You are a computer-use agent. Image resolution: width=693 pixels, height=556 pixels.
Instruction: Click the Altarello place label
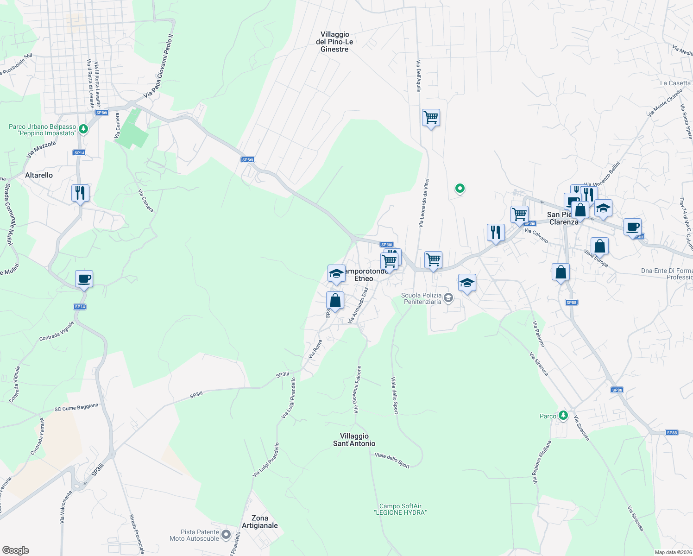[x=39, y=175]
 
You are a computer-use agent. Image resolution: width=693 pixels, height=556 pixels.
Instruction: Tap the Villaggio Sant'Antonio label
[x=354, y=440]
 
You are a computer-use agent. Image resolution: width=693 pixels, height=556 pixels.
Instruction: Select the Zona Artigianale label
[x=260, y=522]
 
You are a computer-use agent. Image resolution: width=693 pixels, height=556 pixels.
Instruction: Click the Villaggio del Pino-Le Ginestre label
[x=334, y=42]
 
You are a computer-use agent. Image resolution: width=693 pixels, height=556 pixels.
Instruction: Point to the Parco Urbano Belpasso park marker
[x=83, y=129]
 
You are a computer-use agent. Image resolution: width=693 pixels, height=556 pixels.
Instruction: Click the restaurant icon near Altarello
[x=80, y=193]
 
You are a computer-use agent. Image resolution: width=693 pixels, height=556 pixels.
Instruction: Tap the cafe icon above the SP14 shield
[x=84, y=279]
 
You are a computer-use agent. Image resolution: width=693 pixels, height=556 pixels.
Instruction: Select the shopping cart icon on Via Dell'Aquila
[x=431, y=118]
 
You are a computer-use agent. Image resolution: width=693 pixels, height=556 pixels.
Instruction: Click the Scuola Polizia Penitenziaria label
[x=422, y=298]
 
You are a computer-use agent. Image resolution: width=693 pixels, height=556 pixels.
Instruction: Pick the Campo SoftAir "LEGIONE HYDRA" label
[x=400, y=509]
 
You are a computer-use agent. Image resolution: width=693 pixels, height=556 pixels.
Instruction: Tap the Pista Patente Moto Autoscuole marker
[x=226, y=535]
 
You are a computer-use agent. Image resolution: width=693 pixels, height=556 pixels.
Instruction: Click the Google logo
[x=15, y=550]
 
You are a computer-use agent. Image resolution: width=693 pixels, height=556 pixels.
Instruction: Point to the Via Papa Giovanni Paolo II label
[x=158, y=66]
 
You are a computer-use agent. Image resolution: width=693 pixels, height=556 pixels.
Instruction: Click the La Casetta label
[x=675, y=83]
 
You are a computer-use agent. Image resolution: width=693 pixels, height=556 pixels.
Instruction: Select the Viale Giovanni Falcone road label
[x=357, y=389]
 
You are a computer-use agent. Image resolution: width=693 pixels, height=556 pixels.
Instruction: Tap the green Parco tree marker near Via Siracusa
[x=563, y=415]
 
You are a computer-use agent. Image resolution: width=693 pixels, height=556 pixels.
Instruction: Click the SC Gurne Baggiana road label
[x=76, y=407]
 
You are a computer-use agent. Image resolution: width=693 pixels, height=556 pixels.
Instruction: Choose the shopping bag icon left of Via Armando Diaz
[x=335, y=301]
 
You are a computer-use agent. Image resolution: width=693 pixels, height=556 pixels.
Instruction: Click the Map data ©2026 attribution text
[x=673, y=552]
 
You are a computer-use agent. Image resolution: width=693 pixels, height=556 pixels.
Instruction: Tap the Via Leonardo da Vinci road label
[x=424, y=203]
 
